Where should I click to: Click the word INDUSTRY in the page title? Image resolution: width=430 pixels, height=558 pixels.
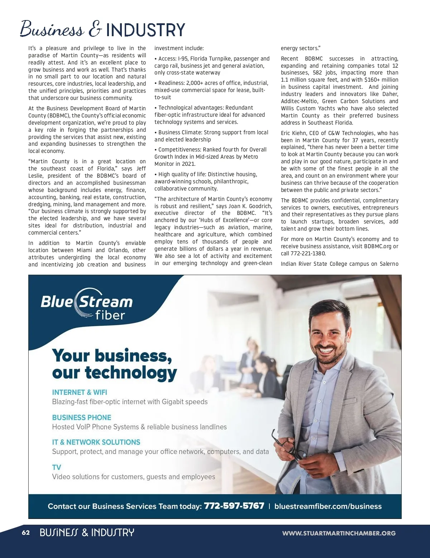pos(145,30)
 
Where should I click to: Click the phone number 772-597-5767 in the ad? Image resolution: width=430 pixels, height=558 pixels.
pos(234,506)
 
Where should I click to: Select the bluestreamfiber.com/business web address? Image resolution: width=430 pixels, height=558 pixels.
pos(328,506)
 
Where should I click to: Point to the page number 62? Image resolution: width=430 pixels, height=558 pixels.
pos(26,533)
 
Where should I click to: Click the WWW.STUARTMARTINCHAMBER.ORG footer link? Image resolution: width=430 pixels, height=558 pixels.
pos(339,533)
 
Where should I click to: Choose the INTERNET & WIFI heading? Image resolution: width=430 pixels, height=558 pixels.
pos(80,392)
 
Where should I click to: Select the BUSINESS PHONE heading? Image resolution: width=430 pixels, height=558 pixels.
pos(82,417)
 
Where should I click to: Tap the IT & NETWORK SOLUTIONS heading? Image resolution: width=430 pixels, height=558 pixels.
pos(96,442)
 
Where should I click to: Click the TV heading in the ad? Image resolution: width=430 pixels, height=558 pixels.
pos(57,467)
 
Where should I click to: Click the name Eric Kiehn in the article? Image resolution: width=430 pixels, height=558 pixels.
pos(292,133)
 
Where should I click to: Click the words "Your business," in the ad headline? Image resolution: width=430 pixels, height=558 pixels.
pos(112,355)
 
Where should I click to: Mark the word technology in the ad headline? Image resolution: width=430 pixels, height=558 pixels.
pos(131,373)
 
